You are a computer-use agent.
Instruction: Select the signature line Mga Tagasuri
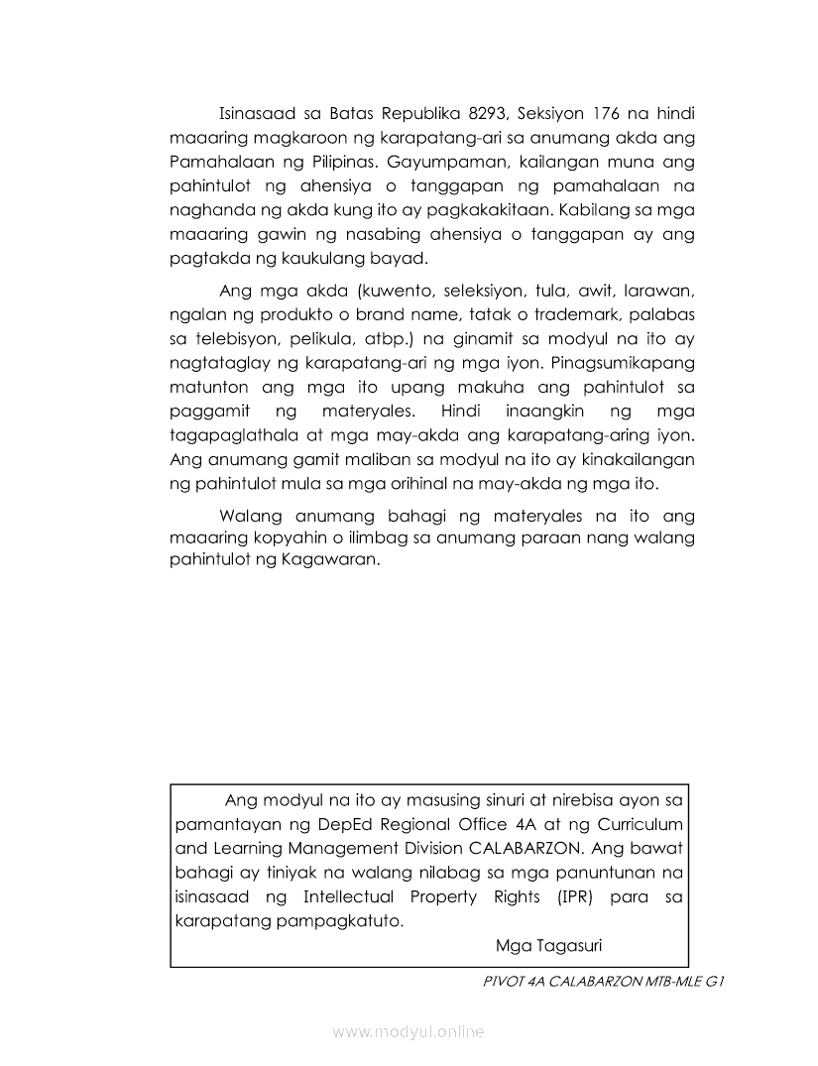[x=548, y=944]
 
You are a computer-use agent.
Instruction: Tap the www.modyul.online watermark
[x=409, y=1032]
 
